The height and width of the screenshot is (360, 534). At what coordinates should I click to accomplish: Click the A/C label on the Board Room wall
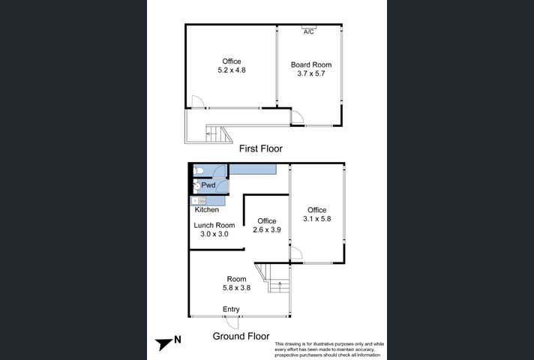point(309,32)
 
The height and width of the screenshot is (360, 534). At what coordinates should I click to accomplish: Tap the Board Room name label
point(311,65)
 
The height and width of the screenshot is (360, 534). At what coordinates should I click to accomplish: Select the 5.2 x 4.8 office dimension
point(231,70)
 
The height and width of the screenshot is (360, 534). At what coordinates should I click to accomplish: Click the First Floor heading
point(261,148)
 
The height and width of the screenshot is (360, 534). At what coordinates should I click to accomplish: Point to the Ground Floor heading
point(241,336)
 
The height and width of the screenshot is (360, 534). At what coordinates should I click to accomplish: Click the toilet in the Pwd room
point(199,170)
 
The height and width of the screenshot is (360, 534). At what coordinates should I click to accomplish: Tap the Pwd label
point(208,185)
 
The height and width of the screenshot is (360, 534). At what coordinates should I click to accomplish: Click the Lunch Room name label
point(214,225)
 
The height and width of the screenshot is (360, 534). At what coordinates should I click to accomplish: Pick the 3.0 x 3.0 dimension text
point(214,234)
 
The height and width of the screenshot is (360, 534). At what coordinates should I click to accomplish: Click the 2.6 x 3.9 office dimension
point(267,229)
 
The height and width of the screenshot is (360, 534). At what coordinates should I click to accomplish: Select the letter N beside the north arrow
point(178,340)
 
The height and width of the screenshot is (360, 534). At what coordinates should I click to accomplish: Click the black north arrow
point(163,343)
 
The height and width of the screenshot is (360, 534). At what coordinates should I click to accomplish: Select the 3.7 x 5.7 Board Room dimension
point(311,74)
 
